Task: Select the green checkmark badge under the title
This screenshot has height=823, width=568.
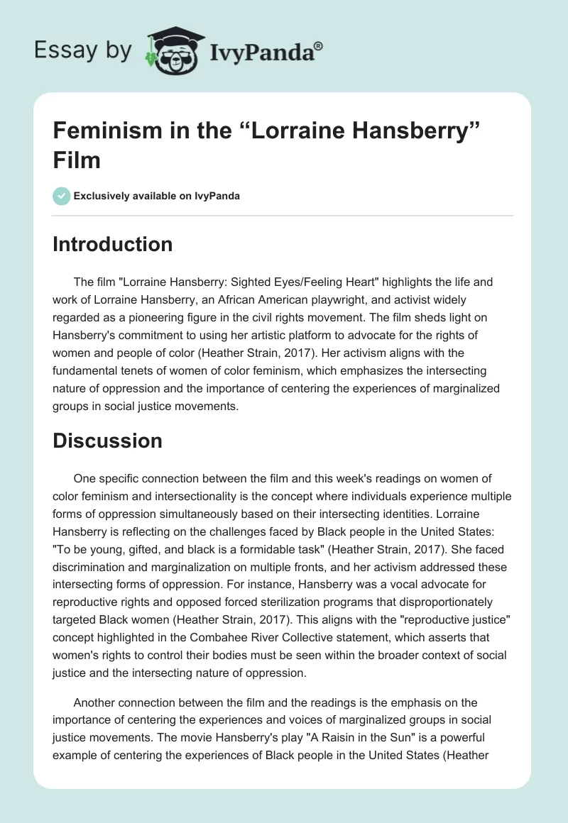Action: [x=62, y=196]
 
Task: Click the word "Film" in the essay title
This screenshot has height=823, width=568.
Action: [x=77, y=160]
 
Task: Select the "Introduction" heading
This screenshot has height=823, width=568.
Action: [x=113, y=245]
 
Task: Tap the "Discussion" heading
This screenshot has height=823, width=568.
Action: [x=108, y=441]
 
